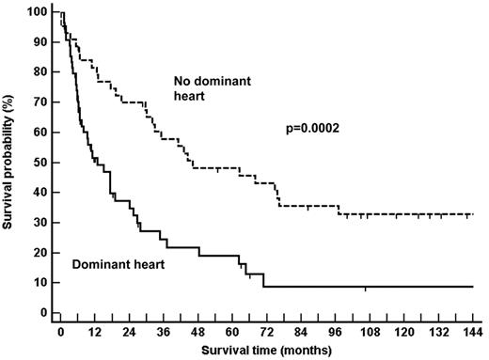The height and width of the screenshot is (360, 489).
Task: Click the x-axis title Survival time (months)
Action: coord(273,352)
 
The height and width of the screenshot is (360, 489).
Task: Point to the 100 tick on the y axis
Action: coord(38,12)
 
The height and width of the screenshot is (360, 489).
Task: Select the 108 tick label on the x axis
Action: coord(365,333)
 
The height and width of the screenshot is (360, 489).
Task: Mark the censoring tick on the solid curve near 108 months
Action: coord(366,288)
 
